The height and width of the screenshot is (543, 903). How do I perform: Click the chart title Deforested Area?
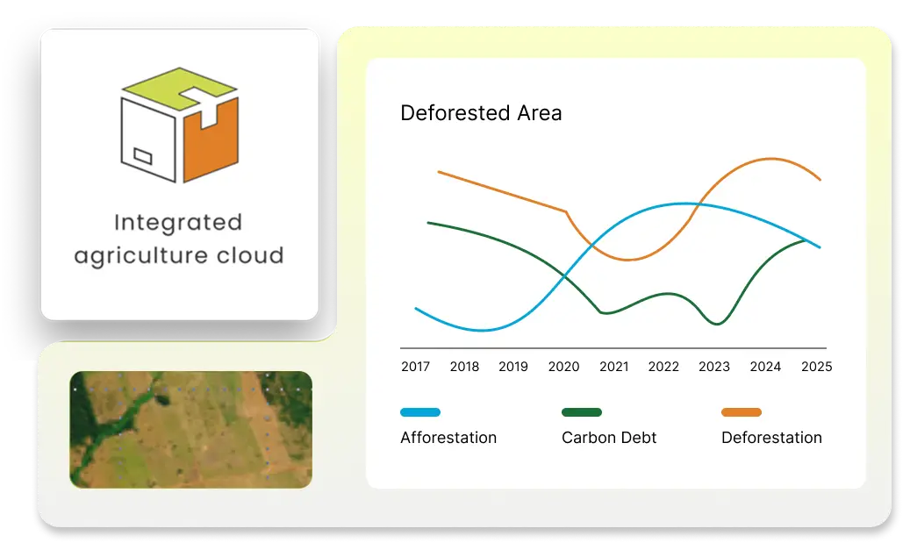pyautogui.click(x=481, y=113)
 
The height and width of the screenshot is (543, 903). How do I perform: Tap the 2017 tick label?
pyautogui.click(x=415, y=367)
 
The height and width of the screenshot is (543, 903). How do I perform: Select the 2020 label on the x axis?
pyautogui.click(x=563, y=367)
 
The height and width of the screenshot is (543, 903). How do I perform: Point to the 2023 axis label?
pyautogui.click(x=714, y=367)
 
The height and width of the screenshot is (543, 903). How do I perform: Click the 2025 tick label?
pyautogui.click(x=817, y=367)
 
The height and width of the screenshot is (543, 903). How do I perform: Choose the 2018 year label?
pyautogui.click(x=464, y=367)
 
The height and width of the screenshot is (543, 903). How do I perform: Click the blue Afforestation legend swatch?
pyautogui.click(x=420, y=412)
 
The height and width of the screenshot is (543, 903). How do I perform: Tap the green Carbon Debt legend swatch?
pyautogui.click(x=582, y=412)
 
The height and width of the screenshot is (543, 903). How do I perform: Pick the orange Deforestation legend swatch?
pyautogui.click(x=742, y=412)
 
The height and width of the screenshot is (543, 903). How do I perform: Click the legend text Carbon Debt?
pyautogui.click(x=609, y=438)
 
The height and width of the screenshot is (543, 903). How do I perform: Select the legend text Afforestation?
pyautogui.click(x=448, y=438)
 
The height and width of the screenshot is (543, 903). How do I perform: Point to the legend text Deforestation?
pyautogui.click(x=771, y=438)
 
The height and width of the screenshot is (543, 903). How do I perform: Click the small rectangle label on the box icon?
pyautogui.click(x=143, y=156)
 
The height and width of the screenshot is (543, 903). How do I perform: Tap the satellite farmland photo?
pyautogui.click(x=190, y=430)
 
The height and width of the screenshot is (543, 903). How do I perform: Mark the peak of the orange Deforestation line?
pyautogui.click(x=770, y=159)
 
